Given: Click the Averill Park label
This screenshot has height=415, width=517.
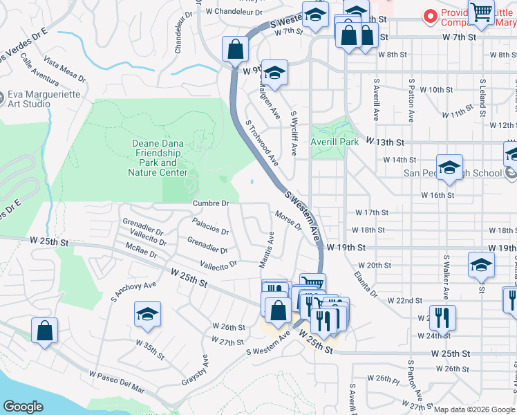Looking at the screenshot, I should (x=335, y=142).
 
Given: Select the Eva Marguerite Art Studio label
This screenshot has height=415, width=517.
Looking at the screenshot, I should (x=29, y=100).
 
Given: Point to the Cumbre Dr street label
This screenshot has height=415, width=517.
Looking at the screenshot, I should (x=210, y=203).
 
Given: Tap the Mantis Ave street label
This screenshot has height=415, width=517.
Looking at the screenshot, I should (x=266, y=250).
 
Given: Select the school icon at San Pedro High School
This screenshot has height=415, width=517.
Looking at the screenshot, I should (x=449, y=168).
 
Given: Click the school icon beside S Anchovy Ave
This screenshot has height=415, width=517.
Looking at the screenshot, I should (x=147, y=313).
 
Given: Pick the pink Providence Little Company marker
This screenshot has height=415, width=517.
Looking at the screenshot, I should (x=431, y=15).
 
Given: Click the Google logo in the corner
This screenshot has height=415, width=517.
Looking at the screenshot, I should (x=23, y=407).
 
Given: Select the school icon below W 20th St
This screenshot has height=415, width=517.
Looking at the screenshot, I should (x=481, y=265).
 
